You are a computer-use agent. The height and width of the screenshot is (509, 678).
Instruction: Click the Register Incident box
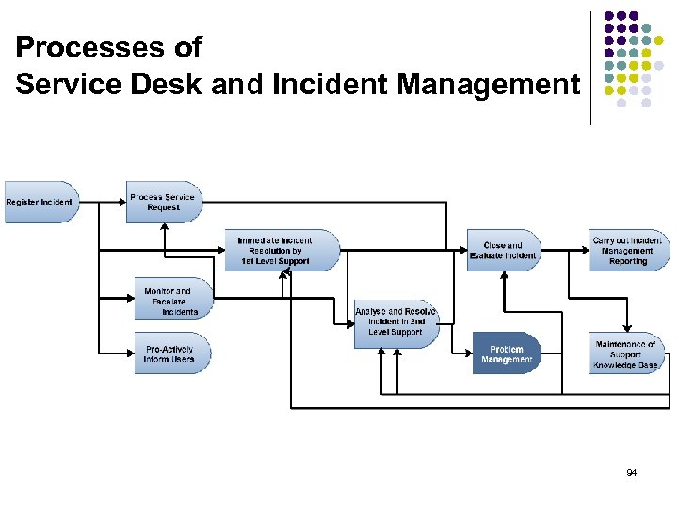coord(40,202)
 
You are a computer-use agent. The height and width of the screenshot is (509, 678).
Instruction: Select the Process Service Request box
coord(163,202)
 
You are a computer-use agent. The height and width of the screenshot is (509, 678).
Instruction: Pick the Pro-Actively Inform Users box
coord(171,353)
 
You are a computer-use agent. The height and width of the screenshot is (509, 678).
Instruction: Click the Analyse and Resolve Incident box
coord(395,321)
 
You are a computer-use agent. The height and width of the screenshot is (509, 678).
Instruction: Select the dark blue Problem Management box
coord(507,353)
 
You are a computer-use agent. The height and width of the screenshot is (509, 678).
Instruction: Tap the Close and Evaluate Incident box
coord(504,251)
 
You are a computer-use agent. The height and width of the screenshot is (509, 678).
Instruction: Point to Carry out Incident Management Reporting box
coord(629,251)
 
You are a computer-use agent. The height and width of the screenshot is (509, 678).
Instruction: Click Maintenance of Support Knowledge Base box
coord(628,353)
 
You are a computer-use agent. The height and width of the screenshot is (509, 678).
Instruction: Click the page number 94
coord(630,472)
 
